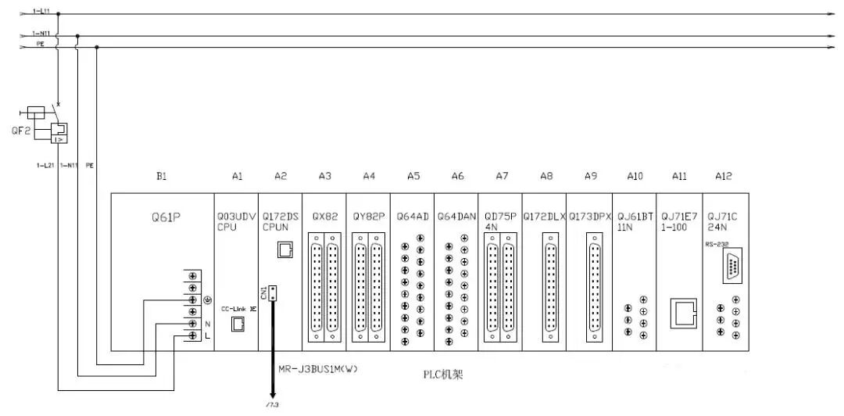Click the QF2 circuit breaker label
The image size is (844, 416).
21,130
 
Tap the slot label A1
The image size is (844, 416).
238,178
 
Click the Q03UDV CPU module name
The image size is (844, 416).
232,221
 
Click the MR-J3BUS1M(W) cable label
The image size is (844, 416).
317,368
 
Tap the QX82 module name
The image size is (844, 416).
325,217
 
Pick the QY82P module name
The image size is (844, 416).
369,217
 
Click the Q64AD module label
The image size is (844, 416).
413,217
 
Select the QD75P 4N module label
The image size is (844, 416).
500,221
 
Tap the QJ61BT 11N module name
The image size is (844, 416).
634,221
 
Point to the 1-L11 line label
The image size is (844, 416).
41,12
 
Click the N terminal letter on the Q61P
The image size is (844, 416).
206,323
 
